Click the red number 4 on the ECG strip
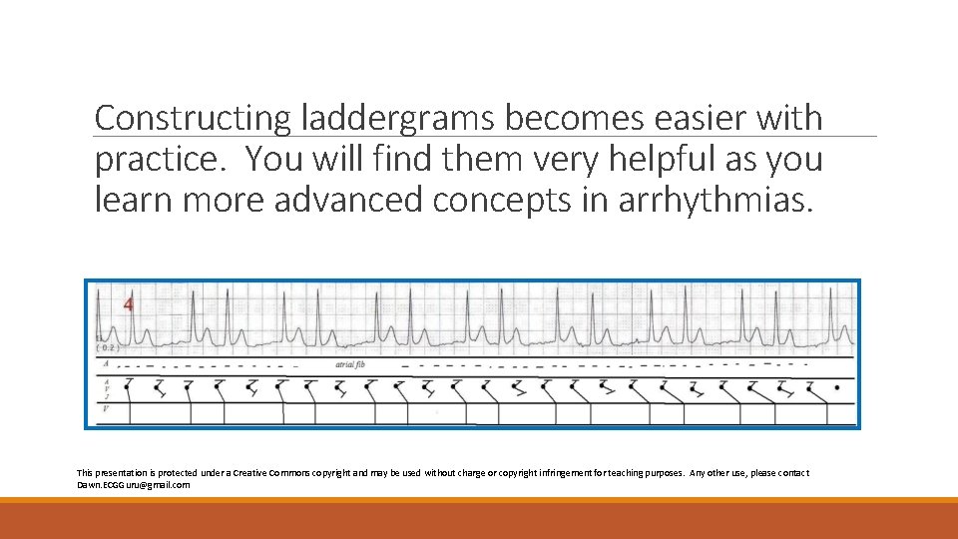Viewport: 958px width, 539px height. pos(128,304)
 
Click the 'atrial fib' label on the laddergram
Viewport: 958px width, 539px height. pos(356,365)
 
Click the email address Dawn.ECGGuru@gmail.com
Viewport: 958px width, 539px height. pos(133,484)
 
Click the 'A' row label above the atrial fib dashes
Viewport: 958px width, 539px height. pos(105,364)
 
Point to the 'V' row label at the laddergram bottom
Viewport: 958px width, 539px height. pos(106,408)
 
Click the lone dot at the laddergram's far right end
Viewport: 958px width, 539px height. pos(836,385)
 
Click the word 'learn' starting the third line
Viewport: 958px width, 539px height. pos(133,200)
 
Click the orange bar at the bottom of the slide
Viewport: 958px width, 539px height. pos(479,520)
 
